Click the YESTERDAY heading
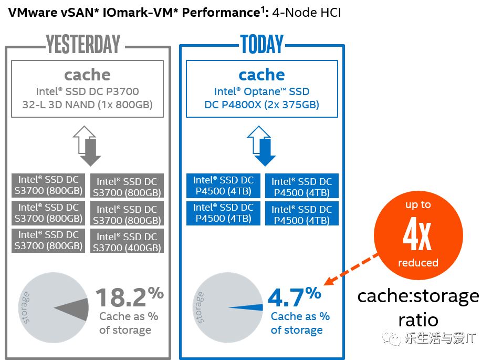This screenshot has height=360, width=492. click(x=83, y=44)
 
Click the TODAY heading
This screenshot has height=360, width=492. click(x=261, y=44)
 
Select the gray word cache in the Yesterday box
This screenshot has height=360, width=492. click(x=87, y=75)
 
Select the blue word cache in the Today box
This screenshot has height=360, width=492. click(x=261, y=75)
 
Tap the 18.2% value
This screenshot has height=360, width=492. click(x=129, y=297)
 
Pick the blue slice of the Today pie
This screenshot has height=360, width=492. click(x=247, y=308)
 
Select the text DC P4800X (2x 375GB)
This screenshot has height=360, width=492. click(x=261, y=105)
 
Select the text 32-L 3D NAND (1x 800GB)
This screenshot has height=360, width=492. click(x=87, y=105)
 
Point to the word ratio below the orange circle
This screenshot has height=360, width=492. click(x=418, y=319)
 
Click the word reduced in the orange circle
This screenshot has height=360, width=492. click(x=418, y=263)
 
